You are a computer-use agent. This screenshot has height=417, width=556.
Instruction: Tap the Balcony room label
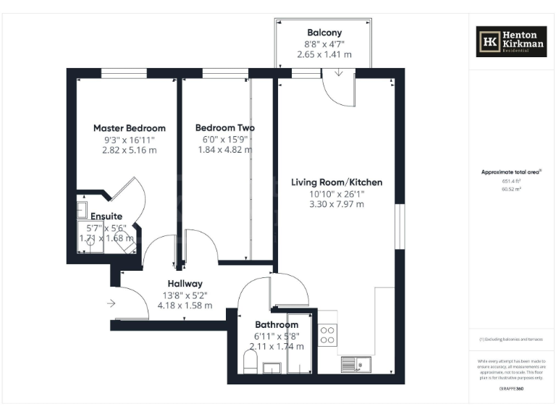[324, 33]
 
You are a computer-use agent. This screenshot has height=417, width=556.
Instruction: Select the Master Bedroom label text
[130, 128]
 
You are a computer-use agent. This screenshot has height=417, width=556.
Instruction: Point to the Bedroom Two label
[225, 128]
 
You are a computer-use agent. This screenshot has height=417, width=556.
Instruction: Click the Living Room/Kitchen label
[337, 182]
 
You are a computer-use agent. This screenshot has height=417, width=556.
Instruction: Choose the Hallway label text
[185, 284]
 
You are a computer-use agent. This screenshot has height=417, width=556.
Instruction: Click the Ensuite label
[106, 216]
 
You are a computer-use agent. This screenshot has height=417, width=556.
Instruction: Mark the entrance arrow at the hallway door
[111, 303]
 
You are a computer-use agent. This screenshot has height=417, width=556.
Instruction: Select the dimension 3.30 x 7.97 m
[337, 205]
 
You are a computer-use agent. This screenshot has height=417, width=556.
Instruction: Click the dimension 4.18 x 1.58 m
[185, 306]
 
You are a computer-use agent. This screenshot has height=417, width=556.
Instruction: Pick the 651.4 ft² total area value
[511, 181]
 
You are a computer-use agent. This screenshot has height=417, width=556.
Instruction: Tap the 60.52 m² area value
[511, 189]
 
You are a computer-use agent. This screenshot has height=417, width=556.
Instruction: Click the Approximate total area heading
[511, 172]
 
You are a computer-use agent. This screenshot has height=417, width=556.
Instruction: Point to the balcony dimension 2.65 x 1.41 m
[324, 54]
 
